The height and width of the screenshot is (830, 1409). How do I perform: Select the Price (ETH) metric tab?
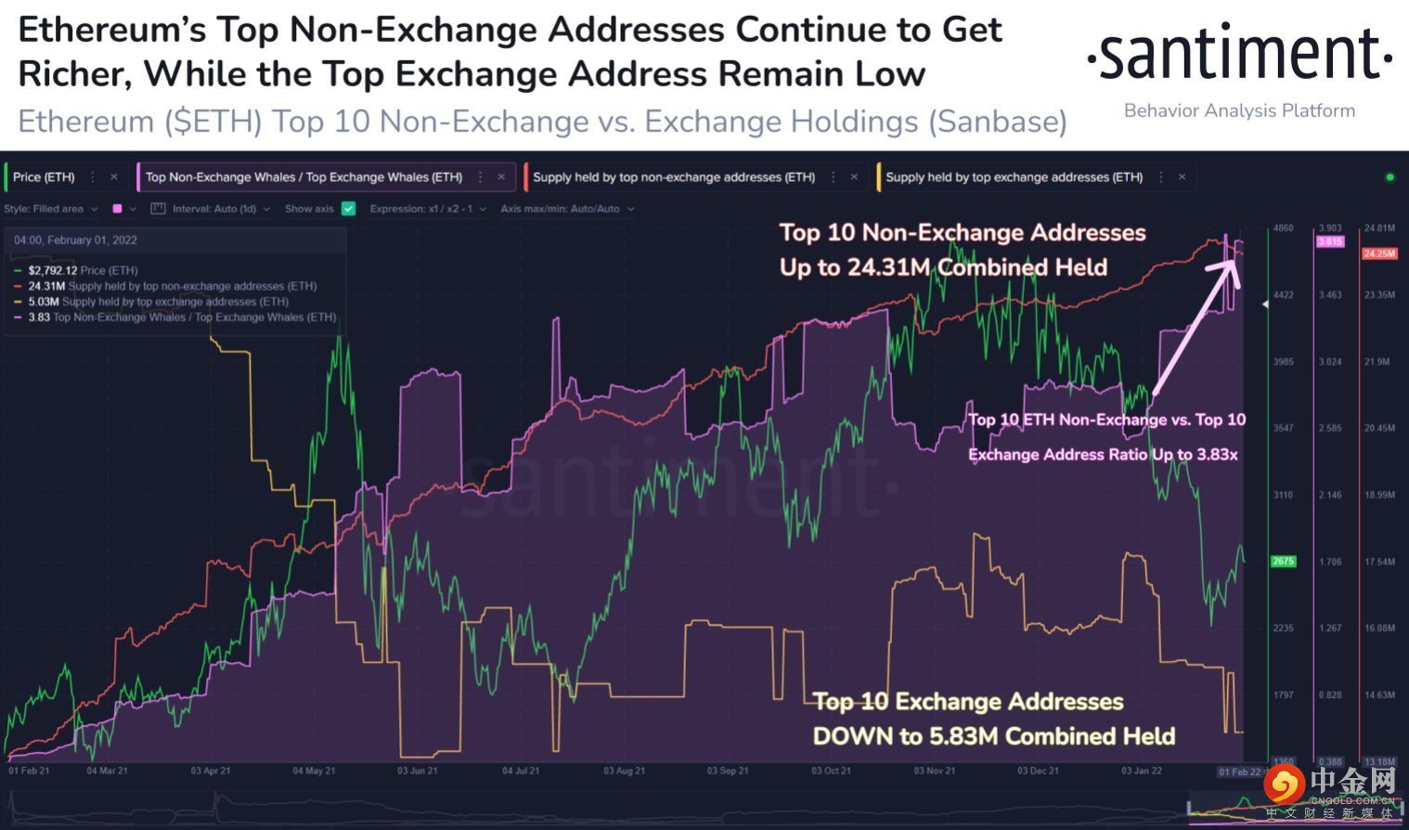pyautogui.click(x=44, y=177)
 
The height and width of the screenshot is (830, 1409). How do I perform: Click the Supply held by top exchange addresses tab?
pyautogui.click(x=1014, y=177)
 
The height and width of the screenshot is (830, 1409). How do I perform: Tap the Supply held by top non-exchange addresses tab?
pyautogui.click(x=674, y=177)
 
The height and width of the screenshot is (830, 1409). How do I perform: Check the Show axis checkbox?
pyautogui.click(x=349, y=209)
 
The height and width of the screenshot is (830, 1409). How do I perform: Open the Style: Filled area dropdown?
pyautogui.click(x=51, y=209)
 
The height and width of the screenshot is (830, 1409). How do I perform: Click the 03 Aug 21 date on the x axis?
pyautogui.click(x=624, y=771)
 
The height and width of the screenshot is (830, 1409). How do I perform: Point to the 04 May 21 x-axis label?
pyautogui.click(x=314, y=771)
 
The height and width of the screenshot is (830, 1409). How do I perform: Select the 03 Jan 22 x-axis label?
pyautogui.click(x=1141, y=771)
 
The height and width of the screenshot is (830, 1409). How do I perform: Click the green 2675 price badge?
pyautogui.click(x=1283, y=561)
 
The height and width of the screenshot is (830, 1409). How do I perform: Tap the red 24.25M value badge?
pyautogui.click(x=1378, y=253)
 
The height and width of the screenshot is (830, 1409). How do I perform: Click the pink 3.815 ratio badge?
pyautogui.click(x=1330, y=241)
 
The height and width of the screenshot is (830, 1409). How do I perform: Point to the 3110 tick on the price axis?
pyautogui.click(x=1283, y=495)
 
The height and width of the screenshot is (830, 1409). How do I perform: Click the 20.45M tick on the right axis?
pyautogui.click(x=1378, y=428)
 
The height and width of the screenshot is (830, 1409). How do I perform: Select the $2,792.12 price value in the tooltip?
pyautogui.click(x=52, y=270)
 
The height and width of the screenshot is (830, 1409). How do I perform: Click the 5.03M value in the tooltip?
pyautogui.click(x=44, y=302)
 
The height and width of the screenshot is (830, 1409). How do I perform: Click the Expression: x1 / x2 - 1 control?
pyautogui.click(x=428, y=209)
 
